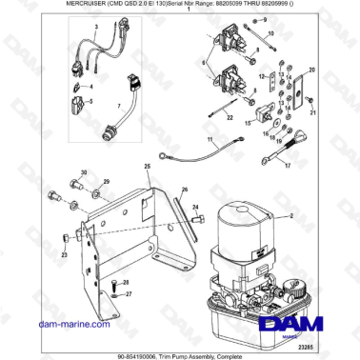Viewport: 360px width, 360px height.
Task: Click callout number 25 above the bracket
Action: pos(148,168)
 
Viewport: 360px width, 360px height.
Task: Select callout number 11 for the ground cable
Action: pos(210,140)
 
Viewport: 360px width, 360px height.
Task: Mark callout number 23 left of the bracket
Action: pos(64,255)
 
